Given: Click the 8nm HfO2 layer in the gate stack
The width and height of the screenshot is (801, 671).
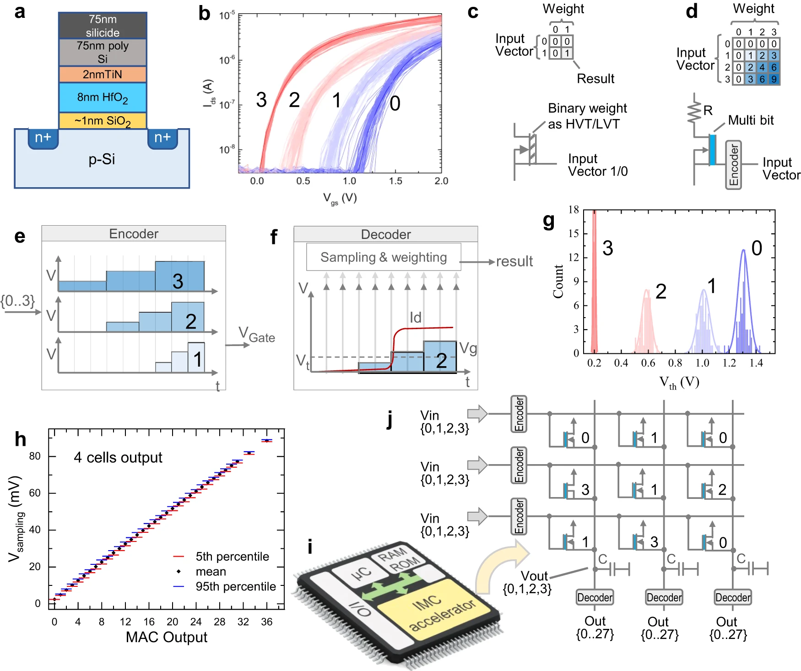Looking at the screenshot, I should click(x=103, y=97).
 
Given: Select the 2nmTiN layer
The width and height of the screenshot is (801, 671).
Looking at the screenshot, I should click(x=103, y=74).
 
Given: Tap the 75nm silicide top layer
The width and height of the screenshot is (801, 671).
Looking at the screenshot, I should click(x=103, y=26).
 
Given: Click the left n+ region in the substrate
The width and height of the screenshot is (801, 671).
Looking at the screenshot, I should click(x=43, y=137).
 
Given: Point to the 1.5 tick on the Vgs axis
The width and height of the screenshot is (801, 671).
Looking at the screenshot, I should click(x=395, y=181).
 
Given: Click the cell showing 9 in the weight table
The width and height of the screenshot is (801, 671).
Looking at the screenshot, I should click(x=774, y=79).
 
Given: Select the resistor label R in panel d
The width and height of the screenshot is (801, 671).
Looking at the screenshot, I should click(x=708, y=110).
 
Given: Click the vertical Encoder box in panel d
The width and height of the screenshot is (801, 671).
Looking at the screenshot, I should click(x=733, y=165).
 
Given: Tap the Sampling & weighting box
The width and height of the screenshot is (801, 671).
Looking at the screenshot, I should click(x=384, y=257).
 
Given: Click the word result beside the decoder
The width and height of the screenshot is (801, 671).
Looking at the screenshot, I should click(x=514, y=261).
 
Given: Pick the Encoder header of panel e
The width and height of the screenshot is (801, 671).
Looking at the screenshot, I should click(x=134, y=233).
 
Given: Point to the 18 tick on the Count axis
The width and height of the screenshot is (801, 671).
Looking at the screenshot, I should click(x=574, y=210).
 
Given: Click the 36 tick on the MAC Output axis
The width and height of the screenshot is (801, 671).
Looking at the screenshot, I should click(x=266, y=622).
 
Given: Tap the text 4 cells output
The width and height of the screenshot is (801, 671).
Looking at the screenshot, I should click(x=118, y=457).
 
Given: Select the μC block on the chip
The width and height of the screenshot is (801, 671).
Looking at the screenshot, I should click(x=361, y=573).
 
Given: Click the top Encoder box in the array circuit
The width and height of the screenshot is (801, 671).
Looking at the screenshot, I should click(x=519, y=414).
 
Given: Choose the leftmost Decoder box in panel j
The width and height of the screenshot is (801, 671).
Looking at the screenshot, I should click(x=595, y=597).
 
